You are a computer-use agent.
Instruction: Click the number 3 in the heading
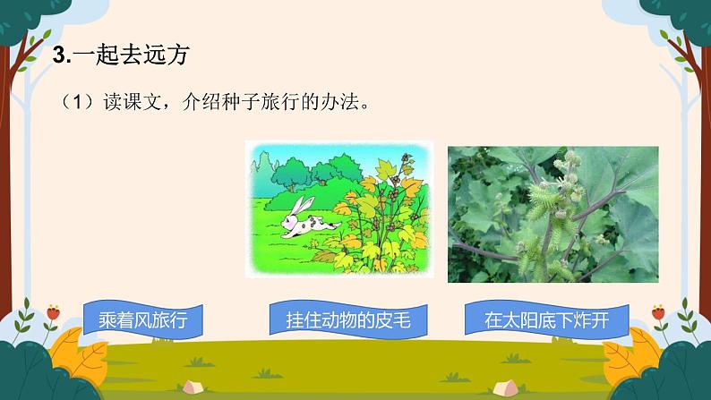[x=59, y=55]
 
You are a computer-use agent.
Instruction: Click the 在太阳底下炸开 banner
[x=545, y=319]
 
